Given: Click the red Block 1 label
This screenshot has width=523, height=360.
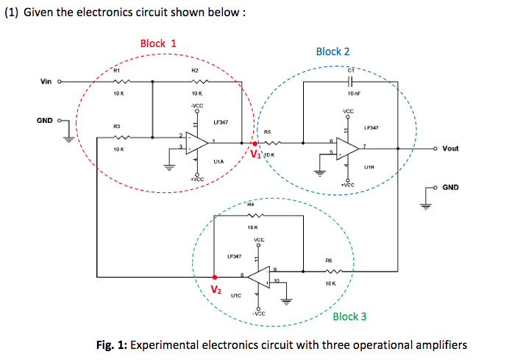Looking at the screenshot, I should [157, 43].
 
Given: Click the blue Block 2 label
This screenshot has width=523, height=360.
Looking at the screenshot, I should [332, 52].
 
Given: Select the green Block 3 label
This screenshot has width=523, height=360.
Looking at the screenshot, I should [349, 317].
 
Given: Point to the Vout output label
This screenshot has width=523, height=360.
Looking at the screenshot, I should [451, 148].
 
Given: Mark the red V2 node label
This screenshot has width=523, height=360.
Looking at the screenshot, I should [216, 290].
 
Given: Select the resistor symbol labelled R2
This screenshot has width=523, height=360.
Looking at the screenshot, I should [194, 81].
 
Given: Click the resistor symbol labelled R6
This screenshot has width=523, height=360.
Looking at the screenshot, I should [329, 270].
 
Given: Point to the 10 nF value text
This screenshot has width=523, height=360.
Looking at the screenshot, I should [352, 93].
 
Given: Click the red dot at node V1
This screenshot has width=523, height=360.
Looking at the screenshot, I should [255, 144].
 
